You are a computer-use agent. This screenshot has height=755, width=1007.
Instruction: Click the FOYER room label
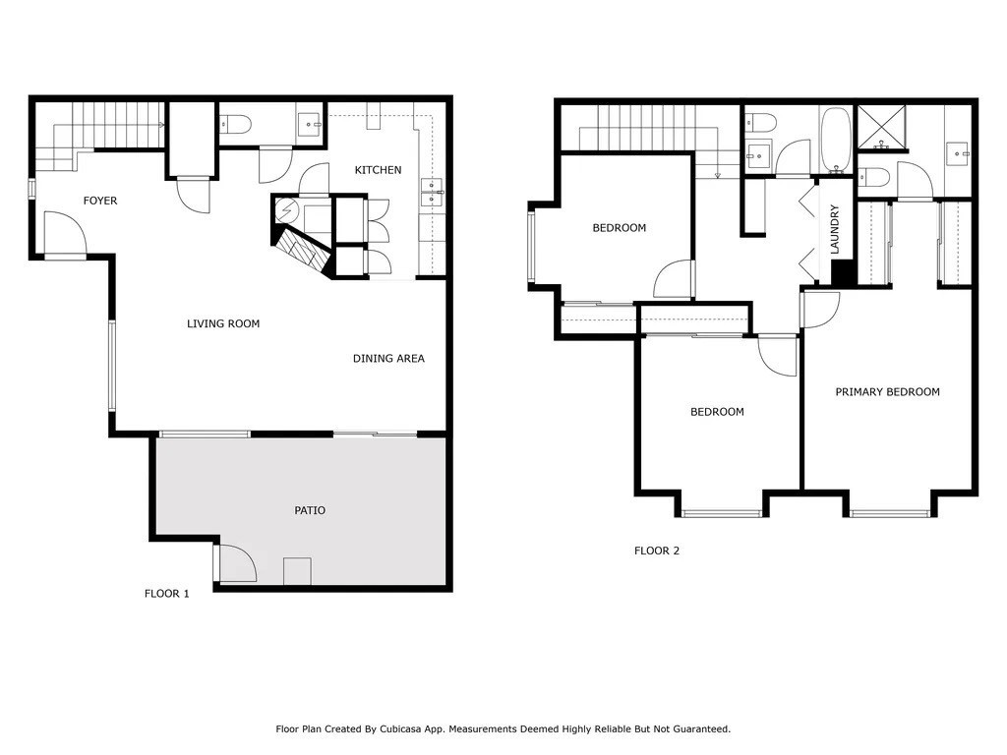pyautogui.click(x=99, y=201)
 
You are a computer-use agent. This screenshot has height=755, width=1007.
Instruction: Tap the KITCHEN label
pyautogui.click(x=378, y=170)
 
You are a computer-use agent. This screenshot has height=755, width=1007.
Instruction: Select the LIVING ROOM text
pyautogui.click(x=223, y=323)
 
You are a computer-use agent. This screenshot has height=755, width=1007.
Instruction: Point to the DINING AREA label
pyautogui.click(x=388, y=359)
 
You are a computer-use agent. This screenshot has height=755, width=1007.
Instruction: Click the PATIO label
pyautogui.click(x=310, y=510)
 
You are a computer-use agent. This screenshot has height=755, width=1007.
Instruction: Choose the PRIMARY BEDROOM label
pyautogui.click(x=887, y=391)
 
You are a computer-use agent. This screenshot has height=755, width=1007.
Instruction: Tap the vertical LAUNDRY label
pyautogui.click(x=835, y=229)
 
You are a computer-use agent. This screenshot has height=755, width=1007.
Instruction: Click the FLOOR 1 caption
pyautogui.click(x=166, y=594)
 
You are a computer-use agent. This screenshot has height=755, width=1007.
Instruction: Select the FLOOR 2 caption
pyautogui.click(x=656, y=551)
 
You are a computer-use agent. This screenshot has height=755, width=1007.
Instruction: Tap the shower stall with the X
pyautogui.click(x=883, y=126)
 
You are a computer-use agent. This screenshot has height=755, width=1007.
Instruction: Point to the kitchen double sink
pyautogui.click(x=432, y=192)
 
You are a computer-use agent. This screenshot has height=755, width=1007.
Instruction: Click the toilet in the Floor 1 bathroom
pyautogui.click(x=235, y=124)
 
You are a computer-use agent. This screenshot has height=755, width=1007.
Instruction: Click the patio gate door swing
pyautogui.click(x=236, y=564)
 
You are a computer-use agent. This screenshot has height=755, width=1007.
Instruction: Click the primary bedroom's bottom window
pyautogui.click(x=890, y=512)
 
